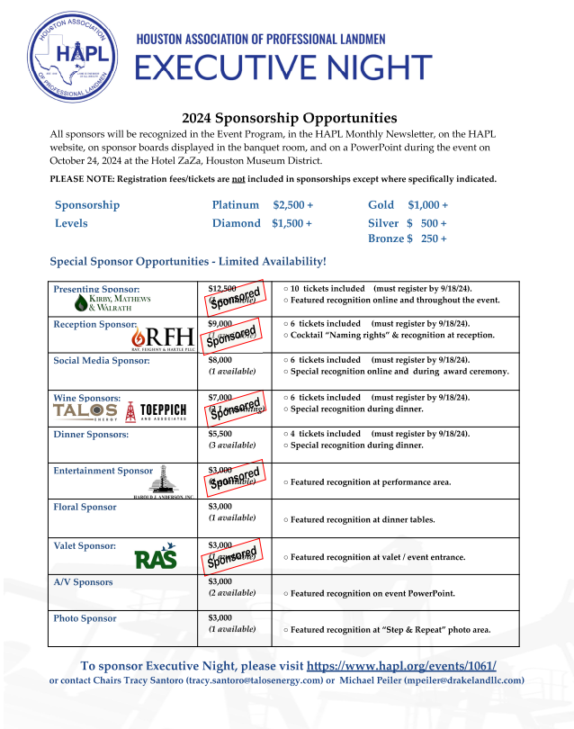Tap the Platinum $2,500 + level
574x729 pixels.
[262, 205]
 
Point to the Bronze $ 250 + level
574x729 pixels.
[407, 238]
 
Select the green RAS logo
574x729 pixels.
[155, 558]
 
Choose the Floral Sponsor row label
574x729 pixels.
[85, 508]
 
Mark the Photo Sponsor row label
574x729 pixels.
[85, 618]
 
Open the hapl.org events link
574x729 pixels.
[401, 666]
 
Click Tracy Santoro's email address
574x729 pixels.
[254, 680]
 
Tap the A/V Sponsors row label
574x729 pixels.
[83, 582]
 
